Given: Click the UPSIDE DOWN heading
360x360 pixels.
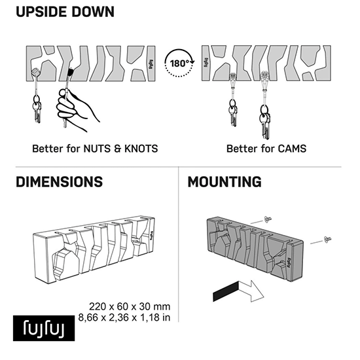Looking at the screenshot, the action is (x=65, y=12).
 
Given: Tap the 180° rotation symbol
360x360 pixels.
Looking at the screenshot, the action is (x=179, y=63).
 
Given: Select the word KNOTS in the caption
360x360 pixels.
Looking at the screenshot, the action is (x=141, y=149).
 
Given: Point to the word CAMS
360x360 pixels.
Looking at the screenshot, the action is (x=292, y=149).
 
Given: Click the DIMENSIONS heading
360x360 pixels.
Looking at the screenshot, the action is (x=59, y=182).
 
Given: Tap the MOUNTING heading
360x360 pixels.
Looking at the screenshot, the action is (x=225, y=182).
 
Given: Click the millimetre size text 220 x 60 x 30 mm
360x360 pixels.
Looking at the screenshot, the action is (x=130, y=307).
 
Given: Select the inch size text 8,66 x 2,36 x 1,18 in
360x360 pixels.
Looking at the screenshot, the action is (x=124, y=317).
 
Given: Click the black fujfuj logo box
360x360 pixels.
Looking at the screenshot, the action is (x=44, y=328).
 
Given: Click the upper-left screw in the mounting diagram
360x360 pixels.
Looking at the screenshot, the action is (x=267, y=219).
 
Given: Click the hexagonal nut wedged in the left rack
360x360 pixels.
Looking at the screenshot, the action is (x=36, y=73).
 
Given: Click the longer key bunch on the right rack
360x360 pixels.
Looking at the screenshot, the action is (x=265, y=122).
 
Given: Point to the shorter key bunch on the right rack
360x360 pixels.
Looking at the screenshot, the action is (x=233, y=113).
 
